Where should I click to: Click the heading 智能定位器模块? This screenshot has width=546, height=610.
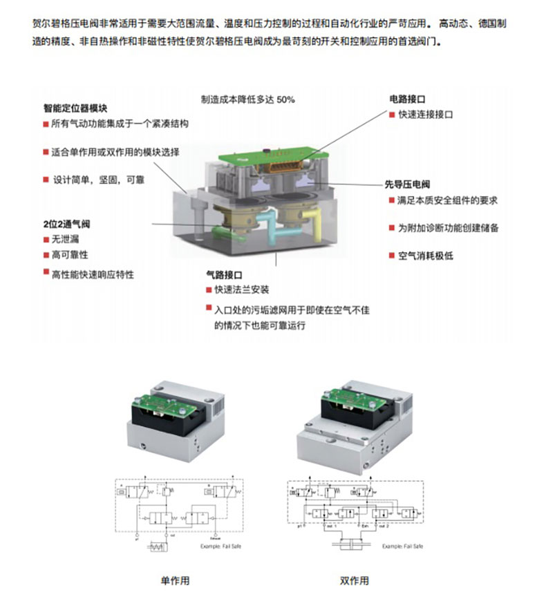(x=75, y=108)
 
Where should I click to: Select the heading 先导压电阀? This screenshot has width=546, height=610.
(x=408, y=184)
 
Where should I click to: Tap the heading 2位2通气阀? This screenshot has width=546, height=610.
(x=67, y=224)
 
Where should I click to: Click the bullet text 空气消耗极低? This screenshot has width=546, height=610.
(x=426, y=256)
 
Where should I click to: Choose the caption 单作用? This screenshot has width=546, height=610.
(x=174, y=580)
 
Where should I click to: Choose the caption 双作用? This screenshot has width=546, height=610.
(x=354, y=580)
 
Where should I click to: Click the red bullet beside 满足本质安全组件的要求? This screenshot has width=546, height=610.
(x=392, y=201)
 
